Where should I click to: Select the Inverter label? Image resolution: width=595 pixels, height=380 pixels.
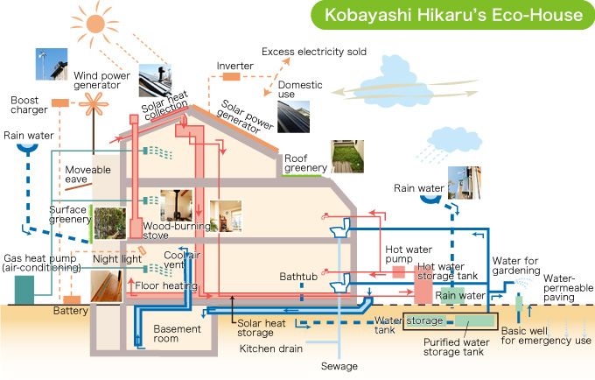235,66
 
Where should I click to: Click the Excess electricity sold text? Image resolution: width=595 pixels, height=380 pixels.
314,52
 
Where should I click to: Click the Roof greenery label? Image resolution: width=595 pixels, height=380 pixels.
305,162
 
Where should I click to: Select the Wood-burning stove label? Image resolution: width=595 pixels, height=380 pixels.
168,230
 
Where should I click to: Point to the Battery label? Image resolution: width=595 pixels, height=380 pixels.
70,311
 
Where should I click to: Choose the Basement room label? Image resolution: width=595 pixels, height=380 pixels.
178,334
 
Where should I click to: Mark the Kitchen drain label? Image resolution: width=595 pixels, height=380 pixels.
271,348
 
